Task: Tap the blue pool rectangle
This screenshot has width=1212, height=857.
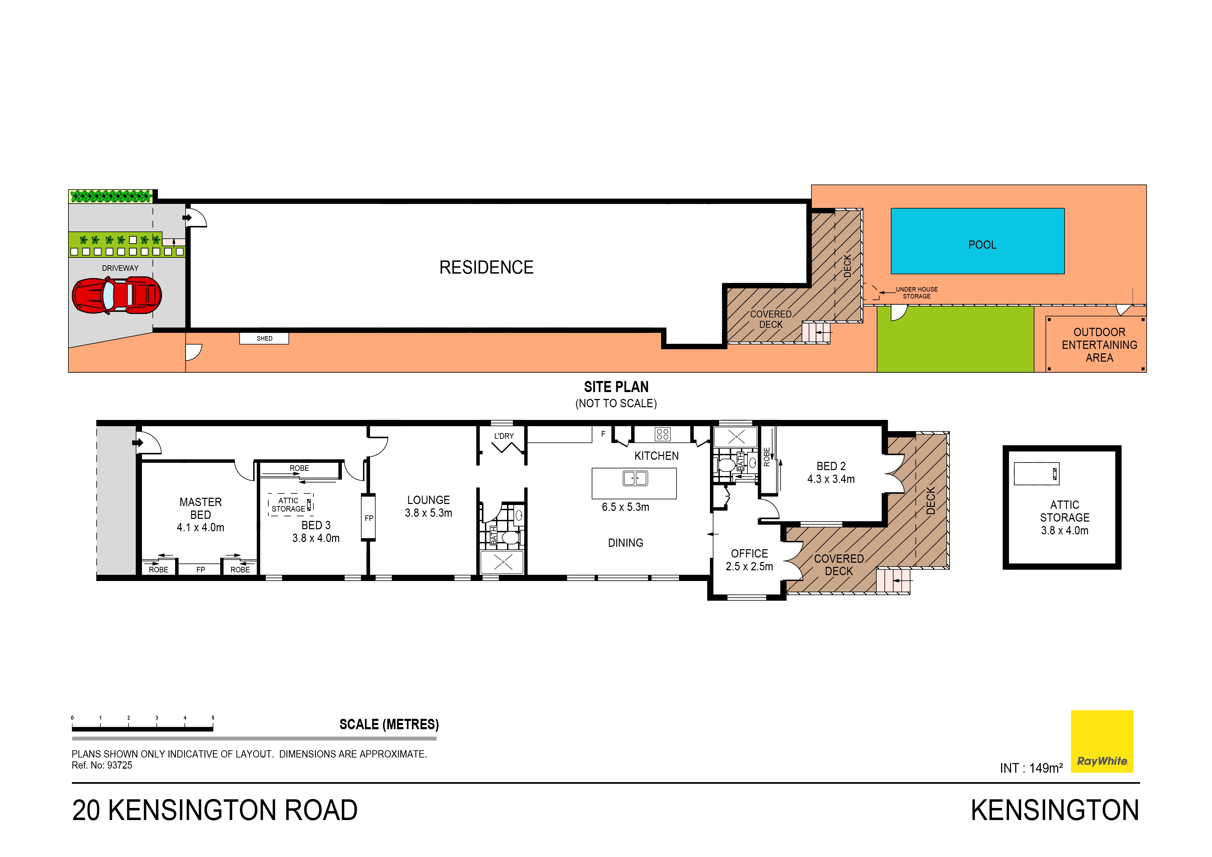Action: (977, 241)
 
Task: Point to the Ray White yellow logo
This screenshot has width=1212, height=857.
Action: (1102, 741)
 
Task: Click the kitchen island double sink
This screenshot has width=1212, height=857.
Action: (635, 478)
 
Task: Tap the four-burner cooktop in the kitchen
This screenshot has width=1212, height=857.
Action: (662, 434)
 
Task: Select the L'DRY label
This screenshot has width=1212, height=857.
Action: (504, 436)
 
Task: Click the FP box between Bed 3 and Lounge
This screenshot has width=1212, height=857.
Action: (369, 517)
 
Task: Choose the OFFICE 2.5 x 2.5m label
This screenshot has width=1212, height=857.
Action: (749, 560)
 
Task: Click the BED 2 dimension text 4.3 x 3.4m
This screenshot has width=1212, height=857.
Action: (831, 479)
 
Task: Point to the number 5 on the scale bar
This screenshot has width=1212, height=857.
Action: (213, 717)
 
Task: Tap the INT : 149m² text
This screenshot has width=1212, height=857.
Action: (1031, 768)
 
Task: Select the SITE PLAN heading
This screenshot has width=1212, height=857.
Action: (616, 387)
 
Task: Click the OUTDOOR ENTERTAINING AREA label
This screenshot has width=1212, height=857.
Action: (1099, 345)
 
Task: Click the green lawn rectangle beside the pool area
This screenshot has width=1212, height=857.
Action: (955, 339)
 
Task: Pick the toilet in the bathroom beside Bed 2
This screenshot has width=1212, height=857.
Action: (726, 466)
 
